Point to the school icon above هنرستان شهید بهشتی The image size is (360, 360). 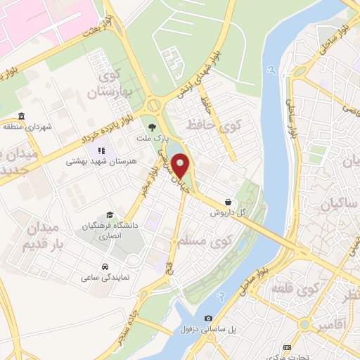coord(103,150)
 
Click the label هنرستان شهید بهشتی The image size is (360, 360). coord(100,161)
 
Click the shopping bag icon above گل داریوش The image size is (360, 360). coord(228,201)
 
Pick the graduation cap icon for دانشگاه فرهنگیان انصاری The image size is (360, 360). coord(110,214)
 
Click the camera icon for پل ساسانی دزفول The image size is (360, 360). coord(209,318)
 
